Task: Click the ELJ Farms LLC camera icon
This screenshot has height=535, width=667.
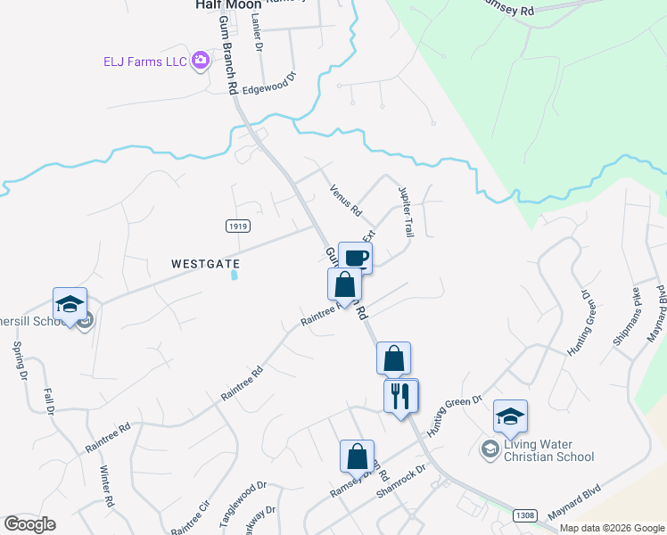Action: [x=201, y=61]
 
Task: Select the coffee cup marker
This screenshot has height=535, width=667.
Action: [x=355, y=258]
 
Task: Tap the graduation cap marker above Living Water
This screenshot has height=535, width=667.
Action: [x=510, y=417]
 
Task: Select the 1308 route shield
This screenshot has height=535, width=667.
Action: [x=525, y=515]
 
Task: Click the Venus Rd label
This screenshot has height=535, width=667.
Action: [x=345, y=201]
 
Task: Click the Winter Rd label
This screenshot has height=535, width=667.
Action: [x=108, y=487]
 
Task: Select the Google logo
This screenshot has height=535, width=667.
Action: [x=29, y=524]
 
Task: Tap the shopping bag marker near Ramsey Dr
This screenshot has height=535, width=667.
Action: [x=357, y=457]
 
